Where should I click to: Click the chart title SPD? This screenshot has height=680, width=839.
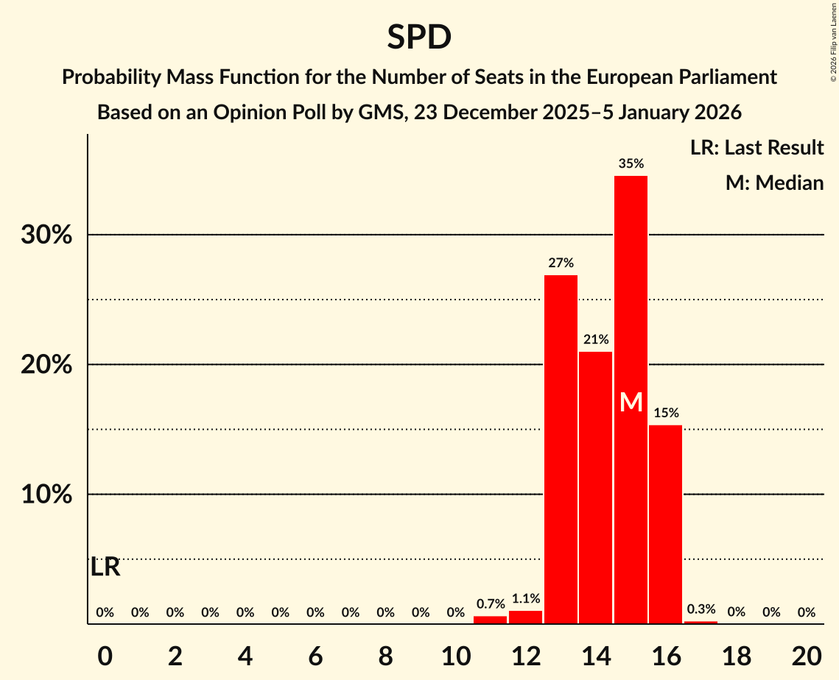[x=419, y=38]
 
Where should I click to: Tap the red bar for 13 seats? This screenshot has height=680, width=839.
[x=561, y=449]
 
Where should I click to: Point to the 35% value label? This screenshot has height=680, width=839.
[x=631, y=164]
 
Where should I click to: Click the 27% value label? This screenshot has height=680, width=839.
[x=561, y=263]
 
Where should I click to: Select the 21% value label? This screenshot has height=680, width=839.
[x=595, y=340]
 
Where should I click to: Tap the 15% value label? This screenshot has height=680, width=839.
[x=665, y=413]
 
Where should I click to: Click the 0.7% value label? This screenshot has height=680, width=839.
[x=491, y=604]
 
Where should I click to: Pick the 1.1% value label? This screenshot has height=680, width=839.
[x=525, y=599]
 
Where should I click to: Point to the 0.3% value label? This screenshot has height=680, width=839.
[x=701, y=609]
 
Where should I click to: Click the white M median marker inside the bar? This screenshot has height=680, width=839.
[x=631, y=402]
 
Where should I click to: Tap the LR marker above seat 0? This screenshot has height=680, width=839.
[x=105, y=567]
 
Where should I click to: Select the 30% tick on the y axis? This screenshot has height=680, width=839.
[x=46, y=235]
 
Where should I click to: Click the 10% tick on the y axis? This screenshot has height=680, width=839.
[x=46, y=495]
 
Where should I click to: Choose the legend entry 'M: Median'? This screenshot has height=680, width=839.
[x=774, y=183]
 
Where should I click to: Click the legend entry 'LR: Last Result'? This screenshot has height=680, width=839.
[x=756, y=148]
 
